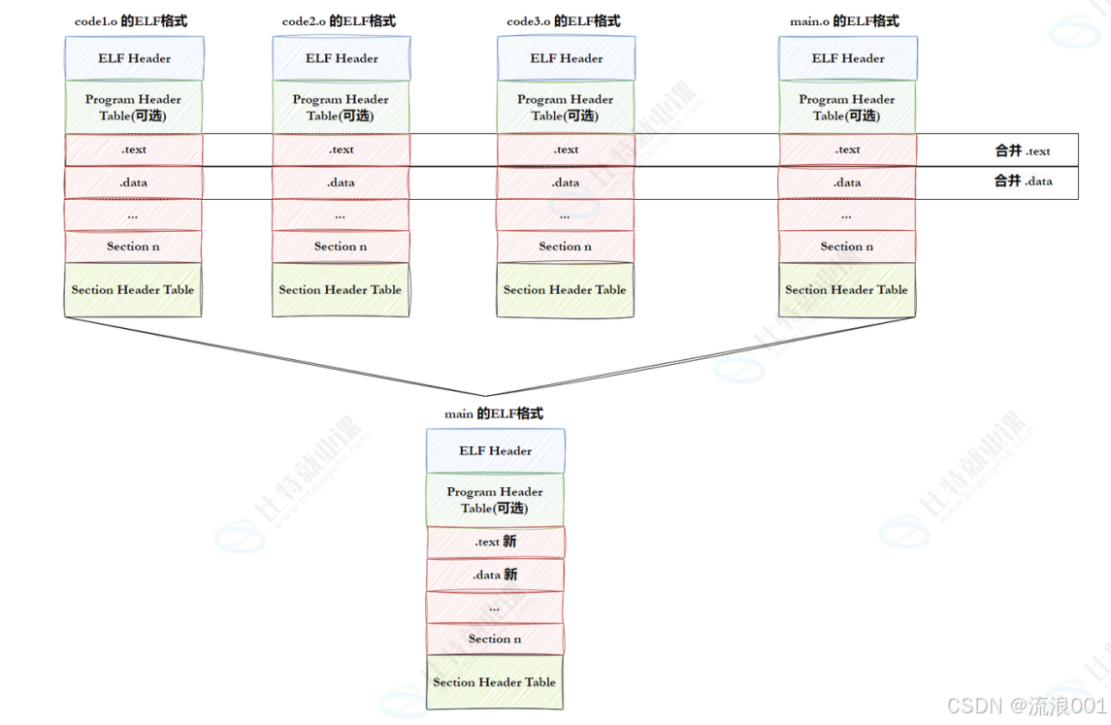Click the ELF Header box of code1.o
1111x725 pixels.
[135, 58]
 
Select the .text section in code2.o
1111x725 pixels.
[341, 149]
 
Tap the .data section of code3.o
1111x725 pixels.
[566, 182]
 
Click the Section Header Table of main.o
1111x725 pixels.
[847, 290]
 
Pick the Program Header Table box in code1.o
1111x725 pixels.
[133, 107]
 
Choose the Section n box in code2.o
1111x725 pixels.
[341, 247]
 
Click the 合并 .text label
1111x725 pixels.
[1023, 150]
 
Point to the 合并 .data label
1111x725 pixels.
[1023, 181]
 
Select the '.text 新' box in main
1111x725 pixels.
[495, 543]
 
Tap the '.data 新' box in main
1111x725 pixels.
[495, 575]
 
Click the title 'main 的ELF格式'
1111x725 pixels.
[494, 413]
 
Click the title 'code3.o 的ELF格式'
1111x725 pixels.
[564, 21]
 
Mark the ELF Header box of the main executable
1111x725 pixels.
[495, 450]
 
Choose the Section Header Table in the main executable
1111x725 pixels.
[495, 682]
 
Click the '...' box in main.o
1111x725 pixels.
[847, 215]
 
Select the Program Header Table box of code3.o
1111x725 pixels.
[566, 107]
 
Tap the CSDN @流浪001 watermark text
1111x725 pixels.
[1027, 706]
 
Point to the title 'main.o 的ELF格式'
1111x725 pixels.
[844, 21]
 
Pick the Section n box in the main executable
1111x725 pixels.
[495, 640]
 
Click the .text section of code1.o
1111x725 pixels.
[134, 149]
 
